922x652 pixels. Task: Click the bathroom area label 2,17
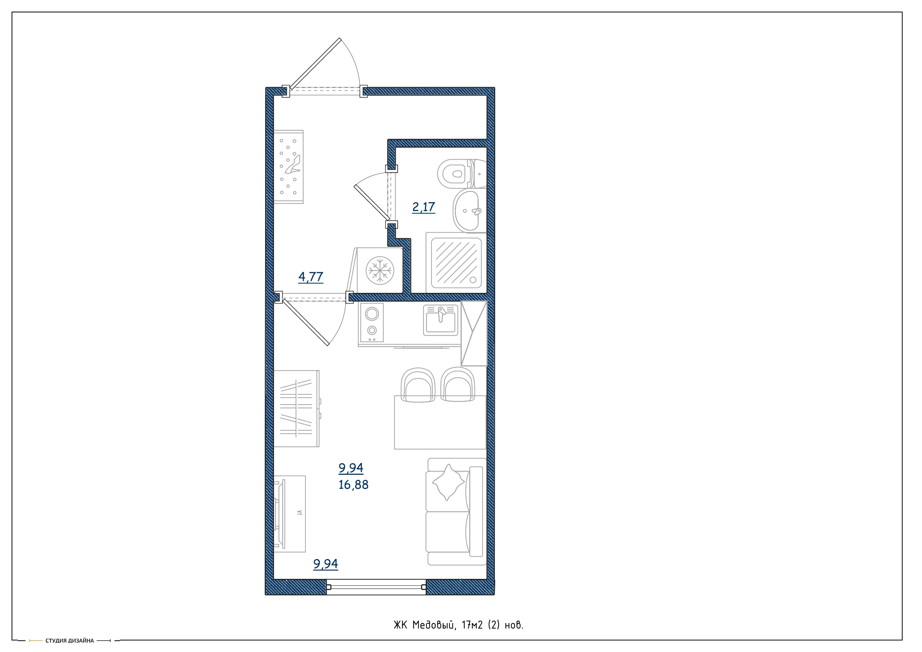pyautogui.click(x=423, y=207)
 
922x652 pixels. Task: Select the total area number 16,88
pyautogui.click(x=353, y=485)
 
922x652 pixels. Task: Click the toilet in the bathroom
pyautogui.click(x=461, y=174)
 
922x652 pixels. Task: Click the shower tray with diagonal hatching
pyautogui.click(x=456, y=263)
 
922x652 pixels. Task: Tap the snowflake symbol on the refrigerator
pyautogui.click(x=380, y=269)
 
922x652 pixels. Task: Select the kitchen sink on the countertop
pyautogui.click(x=440, y=320)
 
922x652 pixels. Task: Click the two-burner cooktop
pyautogui.click(x=371, y=323)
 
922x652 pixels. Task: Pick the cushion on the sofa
pyautogui.click(x=447, y=482)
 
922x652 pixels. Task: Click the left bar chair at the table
pyautogui.click(x=418, y=384)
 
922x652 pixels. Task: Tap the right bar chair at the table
pyautogui.click(x=457, y=384)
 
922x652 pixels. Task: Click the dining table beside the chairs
pyautogui.click(x=440, y=422)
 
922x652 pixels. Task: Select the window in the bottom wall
pyautogui.click(x=376, y=587)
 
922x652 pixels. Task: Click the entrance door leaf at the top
pyautogui.click(x=315, y=63)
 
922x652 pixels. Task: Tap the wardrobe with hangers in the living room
pyautogui.click(x=297, y=408)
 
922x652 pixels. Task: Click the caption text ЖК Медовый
pyautogui.click(x=424, y=625)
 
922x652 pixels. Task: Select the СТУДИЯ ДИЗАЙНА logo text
pyautogui.click(x=70, y=641)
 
